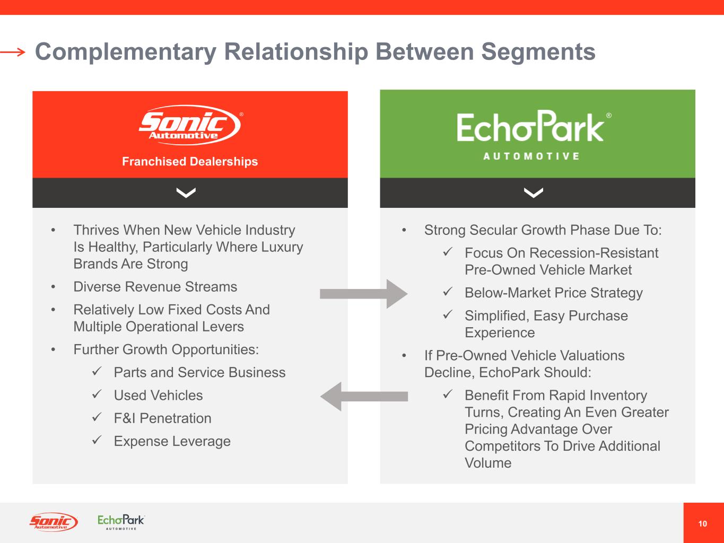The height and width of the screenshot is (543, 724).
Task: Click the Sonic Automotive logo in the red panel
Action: [189, 125]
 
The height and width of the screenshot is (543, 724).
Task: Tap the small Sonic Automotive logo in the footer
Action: [53, 522]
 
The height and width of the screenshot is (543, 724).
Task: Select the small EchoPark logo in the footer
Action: [121, 521]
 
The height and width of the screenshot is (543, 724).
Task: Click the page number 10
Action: [703, 524]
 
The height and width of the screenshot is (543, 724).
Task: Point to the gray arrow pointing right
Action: [363, 294]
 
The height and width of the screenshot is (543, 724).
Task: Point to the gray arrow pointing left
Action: [364, 396]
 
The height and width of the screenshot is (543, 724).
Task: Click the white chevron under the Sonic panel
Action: [186, 193]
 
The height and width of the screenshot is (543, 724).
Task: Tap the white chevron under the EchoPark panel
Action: [533, 193]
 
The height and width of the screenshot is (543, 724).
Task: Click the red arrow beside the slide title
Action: [13, 52]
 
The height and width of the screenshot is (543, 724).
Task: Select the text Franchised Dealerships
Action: [190, 162]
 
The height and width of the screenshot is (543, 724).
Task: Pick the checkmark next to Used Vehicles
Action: [97, 395]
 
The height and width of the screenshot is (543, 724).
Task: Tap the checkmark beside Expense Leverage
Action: [97, 441]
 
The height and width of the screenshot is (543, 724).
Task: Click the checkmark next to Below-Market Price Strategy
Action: [447, 292]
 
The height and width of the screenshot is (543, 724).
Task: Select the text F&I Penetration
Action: [162, 418]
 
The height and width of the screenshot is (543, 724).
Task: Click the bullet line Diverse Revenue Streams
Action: [155, 287]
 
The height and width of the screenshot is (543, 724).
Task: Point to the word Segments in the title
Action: [538, 52]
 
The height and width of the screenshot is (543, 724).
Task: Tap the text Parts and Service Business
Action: [199, 373]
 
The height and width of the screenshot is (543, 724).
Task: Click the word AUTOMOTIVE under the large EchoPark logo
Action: [531, 156]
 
